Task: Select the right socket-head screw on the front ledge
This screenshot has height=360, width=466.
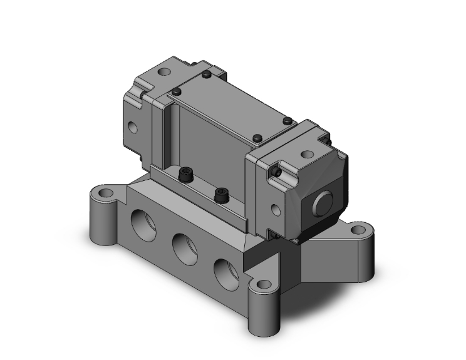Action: pos(220,195)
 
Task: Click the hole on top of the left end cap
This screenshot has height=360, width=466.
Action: pos(165,73)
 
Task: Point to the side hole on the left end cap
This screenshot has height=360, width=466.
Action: pos(133,128)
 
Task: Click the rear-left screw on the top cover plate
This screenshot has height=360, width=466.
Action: pos(206,75)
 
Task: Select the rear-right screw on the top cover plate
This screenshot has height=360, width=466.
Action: pos(287,120)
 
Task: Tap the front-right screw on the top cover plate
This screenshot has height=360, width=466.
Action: pos(257,137)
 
